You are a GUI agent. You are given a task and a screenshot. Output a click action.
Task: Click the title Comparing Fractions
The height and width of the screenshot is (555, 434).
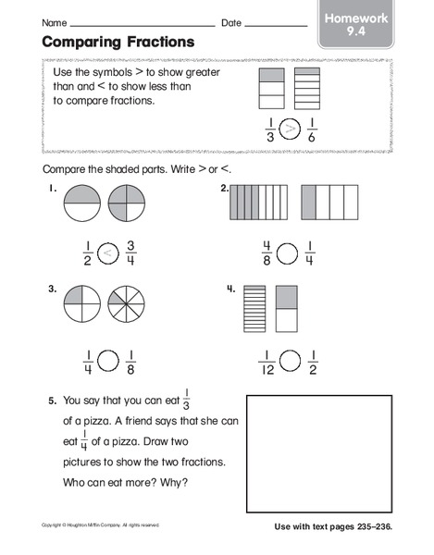118,42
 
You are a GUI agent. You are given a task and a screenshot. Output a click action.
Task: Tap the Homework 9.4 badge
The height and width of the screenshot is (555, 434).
356,24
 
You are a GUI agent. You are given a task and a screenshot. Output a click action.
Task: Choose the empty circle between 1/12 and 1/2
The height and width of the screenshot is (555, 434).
289,362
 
